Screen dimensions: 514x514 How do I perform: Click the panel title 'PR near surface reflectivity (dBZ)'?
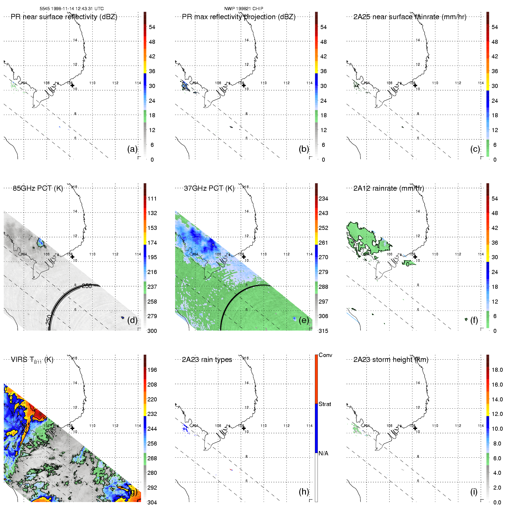click(x=64, y=17)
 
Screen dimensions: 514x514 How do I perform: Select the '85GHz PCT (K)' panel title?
click(x=38, y=188)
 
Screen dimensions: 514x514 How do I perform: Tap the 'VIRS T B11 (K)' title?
click(x=32, y=360)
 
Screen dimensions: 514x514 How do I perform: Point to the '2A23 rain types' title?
click(x=207, y=360)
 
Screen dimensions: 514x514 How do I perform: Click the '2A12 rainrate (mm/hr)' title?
click(x=389, y=188)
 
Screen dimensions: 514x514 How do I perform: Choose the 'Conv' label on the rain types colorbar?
click(x=325, y=355)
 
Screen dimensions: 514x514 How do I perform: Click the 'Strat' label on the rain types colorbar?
click(x=325, y=404)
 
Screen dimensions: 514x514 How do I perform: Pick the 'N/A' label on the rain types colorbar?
click(x=323, y=453)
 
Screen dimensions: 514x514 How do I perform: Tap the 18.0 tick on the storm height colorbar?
click(x=497, y=370)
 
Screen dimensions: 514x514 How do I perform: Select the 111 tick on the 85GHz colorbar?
click(x=152, y=199)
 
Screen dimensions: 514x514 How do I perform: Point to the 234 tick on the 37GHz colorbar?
click(x=323, y=199)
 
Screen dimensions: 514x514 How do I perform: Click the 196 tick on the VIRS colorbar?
click(x=152, y=370)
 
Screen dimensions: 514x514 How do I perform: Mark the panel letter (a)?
click(x=132, y=149)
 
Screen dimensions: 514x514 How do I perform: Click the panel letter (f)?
click(x=474, y=320)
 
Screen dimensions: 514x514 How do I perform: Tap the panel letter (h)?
click(x=304, y=491)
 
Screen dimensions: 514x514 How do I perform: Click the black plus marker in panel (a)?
click(x=72, y=85)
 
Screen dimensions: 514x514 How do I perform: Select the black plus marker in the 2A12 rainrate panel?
click(x=415, y=257)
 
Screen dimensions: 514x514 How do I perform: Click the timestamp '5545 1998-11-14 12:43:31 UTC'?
click(x=72, y=9)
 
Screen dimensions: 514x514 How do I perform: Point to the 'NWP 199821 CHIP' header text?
click(x=244, y=9)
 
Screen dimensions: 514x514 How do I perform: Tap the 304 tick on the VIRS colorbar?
click(x=152, y=502)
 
